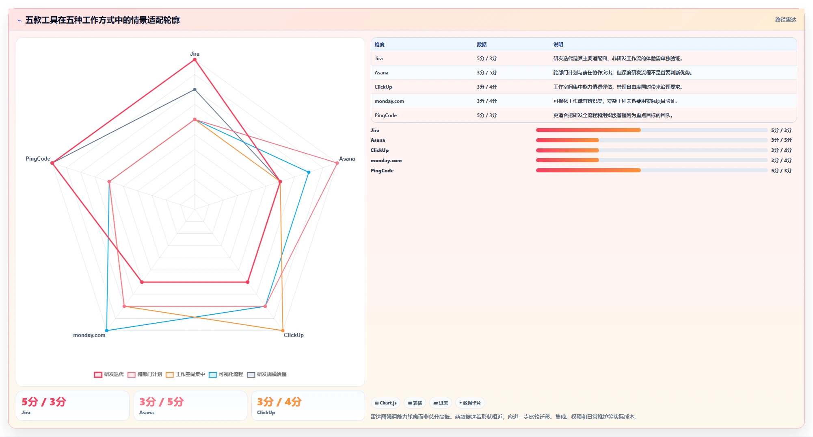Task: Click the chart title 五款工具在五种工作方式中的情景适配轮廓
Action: [102, 20]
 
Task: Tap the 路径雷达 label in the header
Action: [785, 20]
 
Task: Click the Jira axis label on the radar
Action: [195, 54]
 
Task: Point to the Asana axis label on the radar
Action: [347, 159]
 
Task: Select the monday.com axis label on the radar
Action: [89, 335]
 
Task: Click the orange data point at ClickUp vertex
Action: [283, 330]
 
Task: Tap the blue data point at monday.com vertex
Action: [107, 330]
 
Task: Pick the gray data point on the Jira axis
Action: [195, 89]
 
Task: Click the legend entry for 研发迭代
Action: [109, 374]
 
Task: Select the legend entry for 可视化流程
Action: [226, 374]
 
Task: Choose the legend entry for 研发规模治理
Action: [267, 374]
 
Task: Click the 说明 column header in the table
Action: [558, 45]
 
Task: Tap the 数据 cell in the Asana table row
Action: [487, 73]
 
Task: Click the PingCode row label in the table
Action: [385, 115]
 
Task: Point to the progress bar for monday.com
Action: [652, 160]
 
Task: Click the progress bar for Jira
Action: [652, 130]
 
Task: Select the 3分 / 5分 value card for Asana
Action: [190, 405]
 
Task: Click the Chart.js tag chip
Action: [385, 403]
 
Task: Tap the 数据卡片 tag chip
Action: [470, 403]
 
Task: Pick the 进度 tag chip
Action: [441, 403]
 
